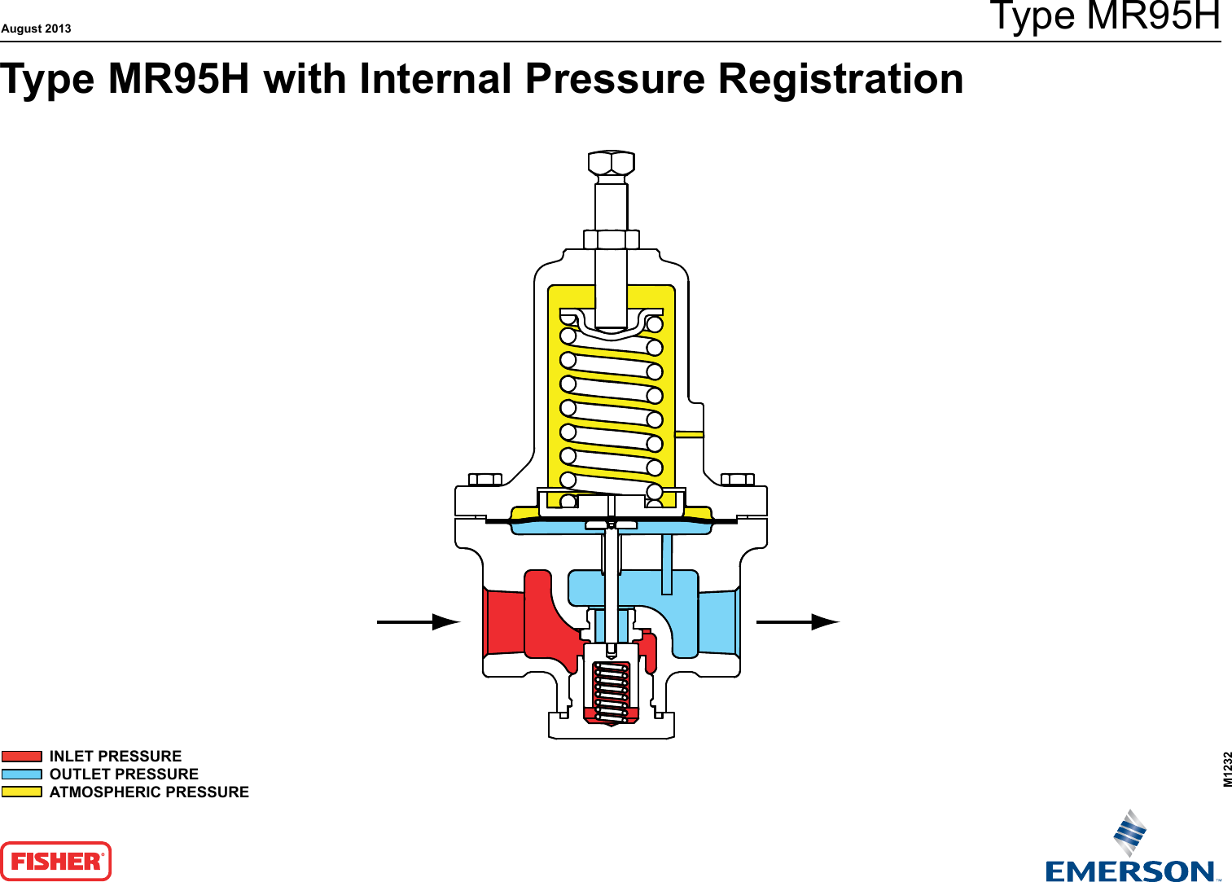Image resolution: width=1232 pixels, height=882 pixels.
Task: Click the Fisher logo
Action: coord(55,861)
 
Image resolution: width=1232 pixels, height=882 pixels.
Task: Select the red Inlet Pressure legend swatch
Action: coord(22,757)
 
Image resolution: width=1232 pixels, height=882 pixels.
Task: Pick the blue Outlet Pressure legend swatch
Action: coord(22,774)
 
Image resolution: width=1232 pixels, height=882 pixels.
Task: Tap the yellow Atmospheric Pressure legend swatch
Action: coord(22,792)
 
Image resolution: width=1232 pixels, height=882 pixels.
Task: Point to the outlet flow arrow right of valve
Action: coord(797,622)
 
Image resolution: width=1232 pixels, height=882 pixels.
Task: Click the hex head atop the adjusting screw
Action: coord(611,163)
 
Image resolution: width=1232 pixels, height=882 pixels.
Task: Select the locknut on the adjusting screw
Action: coord(611,239)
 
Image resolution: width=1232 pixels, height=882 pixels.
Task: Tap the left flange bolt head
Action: coord(485,479)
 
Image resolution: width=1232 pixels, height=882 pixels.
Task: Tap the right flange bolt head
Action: coord(738,479)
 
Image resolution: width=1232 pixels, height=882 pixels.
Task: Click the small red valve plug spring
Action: coord(611,692)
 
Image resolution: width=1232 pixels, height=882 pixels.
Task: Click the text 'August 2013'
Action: coord(36,29)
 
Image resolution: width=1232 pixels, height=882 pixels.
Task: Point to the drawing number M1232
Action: coord(1227,769)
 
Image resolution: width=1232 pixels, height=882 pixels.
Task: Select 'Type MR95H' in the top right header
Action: coord(1104,16)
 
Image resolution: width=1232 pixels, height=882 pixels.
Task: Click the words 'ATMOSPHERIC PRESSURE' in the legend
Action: coord(149,792)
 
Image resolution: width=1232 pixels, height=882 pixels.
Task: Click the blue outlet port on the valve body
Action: coord(717,622)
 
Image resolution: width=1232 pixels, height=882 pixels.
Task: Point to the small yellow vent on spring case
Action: coord(690,435)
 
